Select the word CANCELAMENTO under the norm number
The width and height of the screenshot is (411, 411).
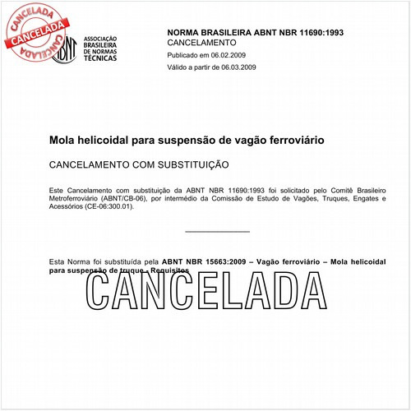[201, 42]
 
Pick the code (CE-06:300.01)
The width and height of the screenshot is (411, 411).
[109, 206]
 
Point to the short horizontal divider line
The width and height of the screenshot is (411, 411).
[217, 232]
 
